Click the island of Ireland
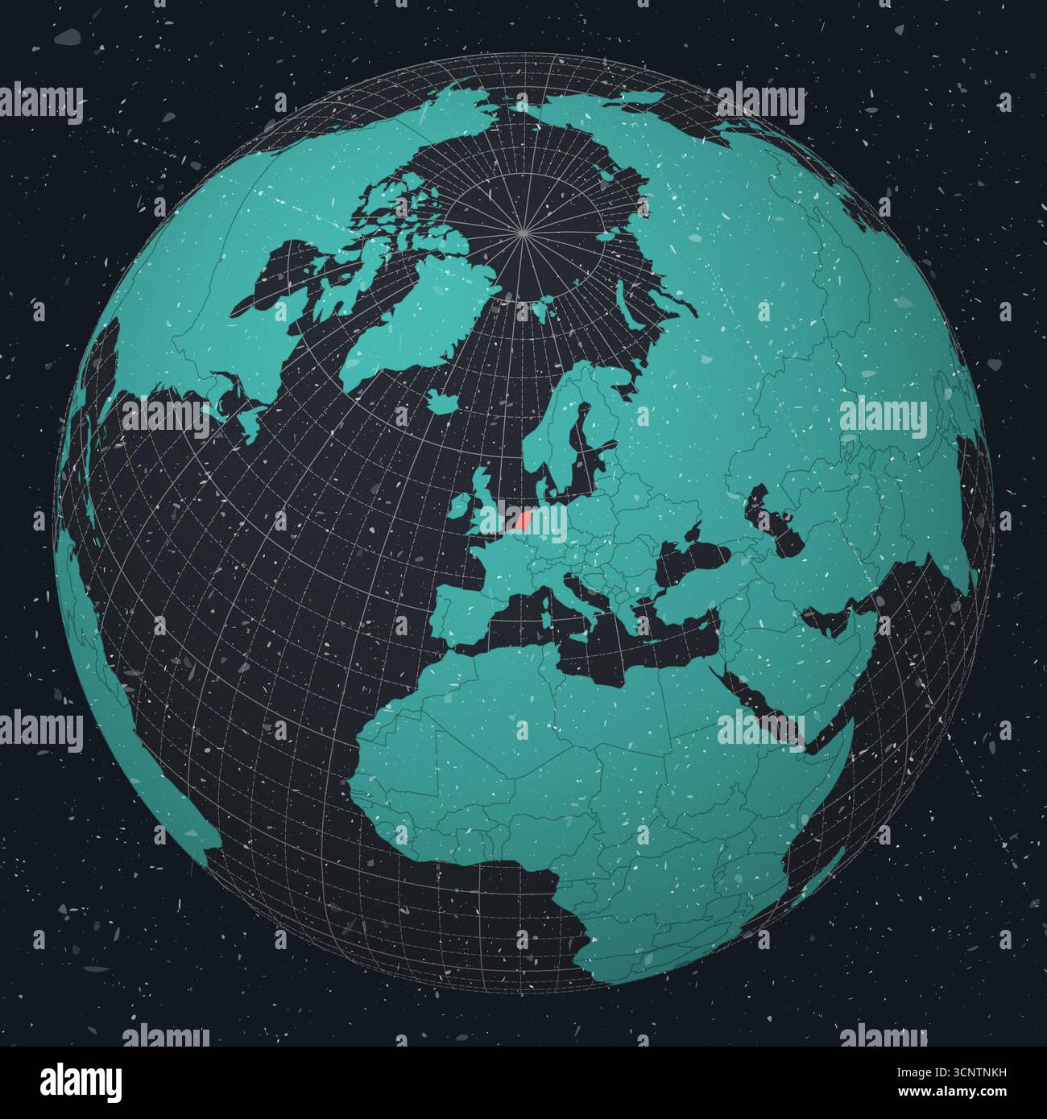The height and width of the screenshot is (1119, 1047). (x=457, y=505)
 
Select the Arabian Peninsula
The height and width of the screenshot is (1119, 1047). (x=813, y=676)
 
